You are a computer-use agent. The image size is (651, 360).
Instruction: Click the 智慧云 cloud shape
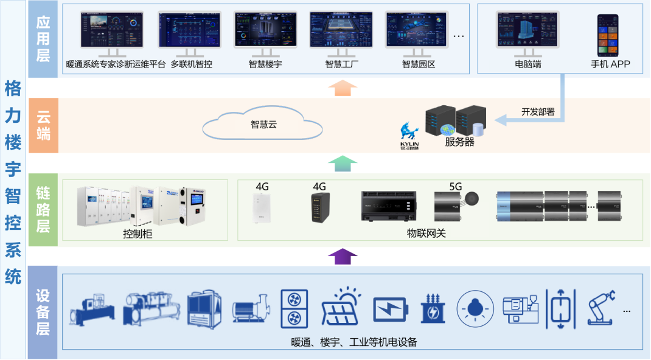click(x=262, y=125)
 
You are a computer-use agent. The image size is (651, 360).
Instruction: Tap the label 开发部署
click(x=538, y=111)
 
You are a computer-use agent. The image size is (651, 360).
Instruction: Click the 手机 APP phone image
click(x=610, y=35)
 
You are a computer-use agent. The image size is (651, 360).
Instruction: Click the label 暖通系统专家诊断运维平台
click(x=116, y=64)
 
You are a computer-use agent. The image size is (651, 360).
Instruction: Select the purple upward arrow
click(x=343, y=256)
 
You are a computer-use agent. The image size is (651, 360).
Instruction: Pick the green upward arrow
click(x=342, y=163)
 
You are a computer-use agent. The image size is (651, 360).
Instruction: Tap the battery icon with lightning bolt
click(x=390, y=310)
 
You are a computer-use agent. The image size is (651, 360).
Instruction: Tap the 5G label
click(x=456, y=187)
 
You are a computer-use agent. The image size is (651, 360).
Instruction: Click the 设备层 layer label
click(x=43, y=313)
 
